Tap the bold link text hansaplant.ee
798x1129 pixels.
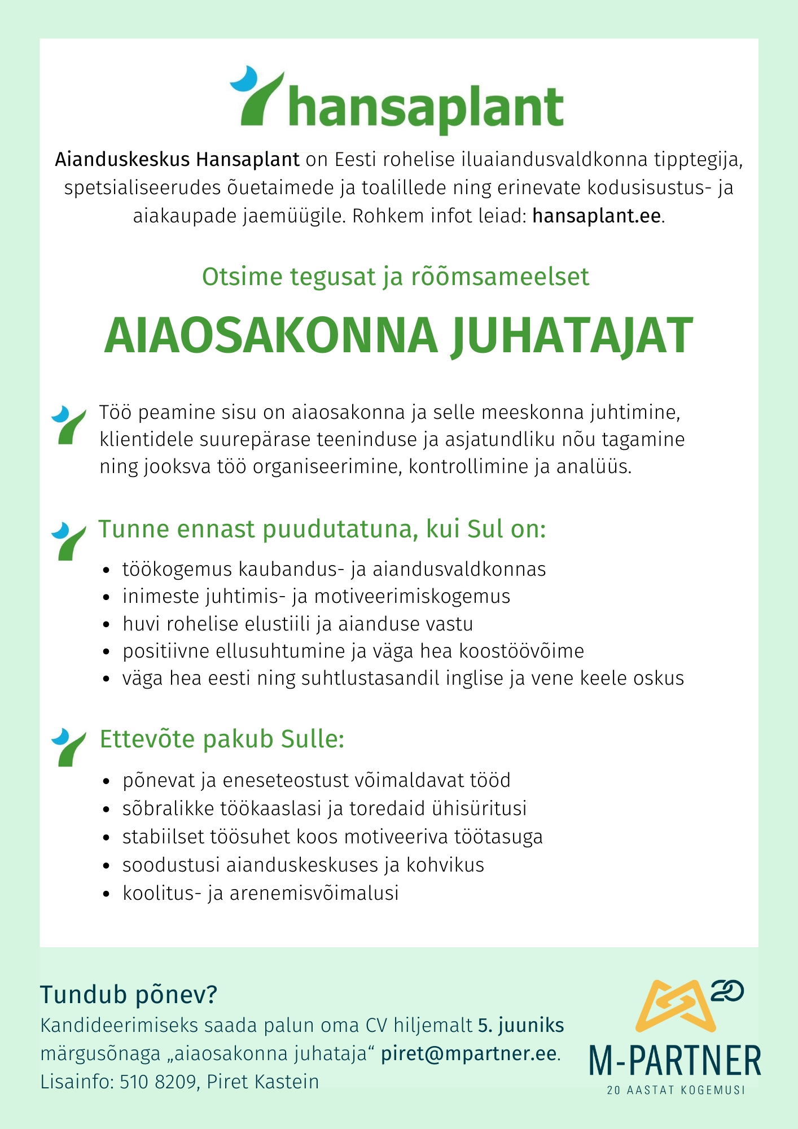pyautogui.click(x=597, y=216)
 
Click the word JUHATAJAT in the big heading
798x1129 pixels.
pyautogui.click(x=572, y=336)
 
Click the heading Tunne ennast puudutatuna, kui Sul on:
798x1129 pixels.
pyautogui.click(x=322, y=530)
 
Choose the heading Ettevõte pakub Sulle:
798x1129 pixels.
pyautogui.click(x=222, y=739)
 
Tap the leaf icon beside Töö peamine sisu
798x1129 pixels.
pyautogui.click(x=68, y=424)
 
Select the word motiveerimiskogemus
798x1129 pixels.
pyautogui.click(x=412, y=597)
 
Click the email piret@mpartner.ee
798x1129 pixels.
pyautogui.click(x=469, y=1054)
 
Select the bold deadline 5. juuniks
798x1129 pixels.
pyautogui.click(x=521, y=1026)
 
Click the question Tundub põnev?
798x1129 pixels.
pyautogui.click(x=129, y=995)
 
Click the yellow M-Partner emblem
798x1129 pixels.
pyautogui.click(x=675, y=1007)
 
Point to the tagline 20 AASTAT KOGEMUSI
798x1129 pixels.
pyautogui.click(x=676, y=1090)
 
